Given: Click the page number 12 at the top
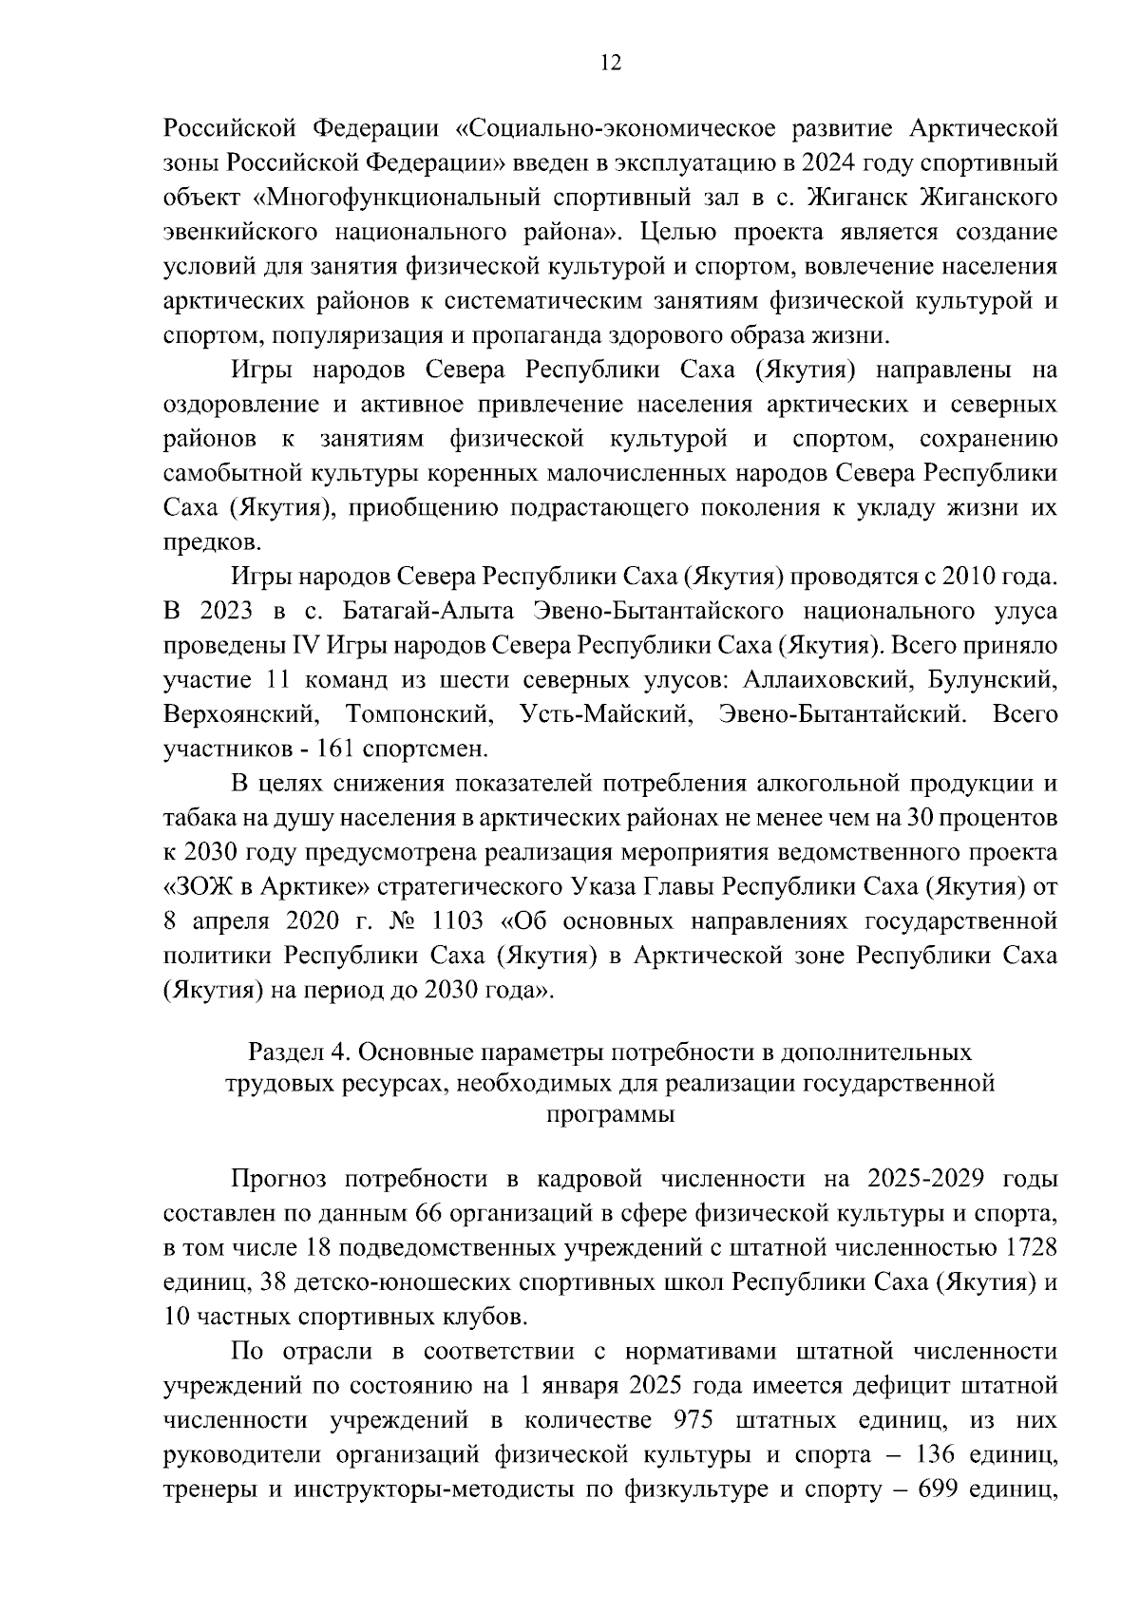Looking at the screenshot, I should coord(611,64).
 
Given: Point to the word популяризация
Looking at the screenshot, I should coord(360,335).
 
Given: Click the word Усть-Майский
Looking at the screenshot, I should coord(605,714).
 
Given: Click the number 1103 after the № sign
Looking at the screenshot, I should coord(464,920).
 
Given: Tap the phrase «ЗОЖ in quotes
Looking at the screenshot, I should coord(197,886).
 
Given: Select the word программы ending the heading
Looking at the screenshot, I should coord(610,1115).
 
